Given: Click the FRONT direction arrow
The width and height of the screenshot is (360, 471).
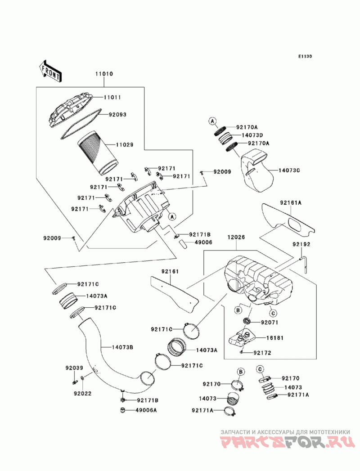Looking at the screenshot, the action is (50, 71).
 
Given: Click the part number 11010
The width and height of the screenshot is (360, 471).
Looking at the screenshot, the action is (104, 74).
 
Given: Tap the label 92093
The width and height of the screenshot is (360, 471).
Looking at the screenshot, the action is (117, 114).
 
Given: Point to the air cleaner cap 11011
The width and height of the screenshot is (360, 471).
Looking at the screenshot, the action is (70, 110).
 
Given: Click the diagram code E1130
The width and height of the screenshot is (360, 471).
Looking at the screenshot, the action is (305, 56).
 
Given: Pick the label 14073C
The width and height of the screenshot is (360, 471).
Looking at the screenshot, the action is (289, 170).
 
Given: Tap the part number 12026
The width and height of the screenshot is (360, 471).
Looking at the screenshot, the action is (236, 238).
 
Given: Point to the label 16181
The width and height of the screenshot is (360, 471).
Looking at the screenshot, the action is (274, 338).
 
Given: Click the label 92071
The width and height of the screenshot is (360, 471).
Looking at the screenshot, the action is (270, 323).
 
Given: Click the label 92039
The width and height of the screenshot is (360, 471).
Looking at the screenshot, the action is (75, 368).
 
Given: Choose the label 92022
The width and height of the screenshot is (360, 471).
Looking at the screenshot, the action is (83, 393).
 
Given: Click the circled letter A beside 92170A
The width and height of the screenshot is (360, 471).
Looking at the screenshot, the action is (212, 121).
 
